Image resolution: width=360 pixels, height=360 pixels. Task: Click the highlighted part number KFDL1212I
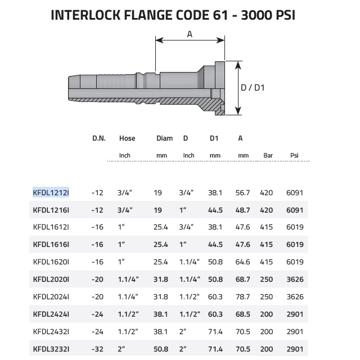point(51,192)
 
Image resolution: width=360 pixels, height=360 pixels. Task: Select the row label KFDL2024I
point(51,296)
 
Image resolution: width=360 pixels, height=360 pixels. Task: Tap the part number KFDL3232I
point(51,349)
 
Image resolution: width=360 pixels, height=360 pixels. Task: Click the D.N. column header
point(99,138)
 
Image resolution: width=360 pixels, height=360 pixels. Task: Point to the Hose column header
point(127,138)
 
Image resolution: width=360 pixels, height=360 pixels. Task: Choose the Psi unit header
point(294,155)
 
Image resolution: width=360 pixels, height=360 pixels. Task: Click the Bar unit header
point(268,155)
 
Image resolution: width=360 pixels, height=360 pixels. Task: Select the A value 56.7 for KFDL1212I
point(242,192)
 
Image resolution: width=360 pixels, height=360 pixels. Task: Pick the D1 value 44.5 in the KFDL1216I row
point(215,210)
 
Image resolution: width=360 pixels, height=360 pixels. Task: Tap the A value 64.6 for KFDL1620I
point(242,262)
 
